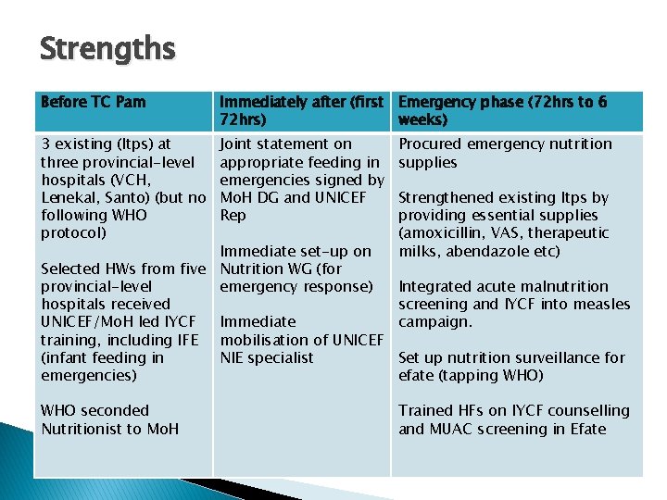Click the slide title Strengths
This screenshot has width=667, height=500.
click(107, 47)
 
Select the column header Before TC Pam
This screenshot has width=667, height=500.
click(94, 102)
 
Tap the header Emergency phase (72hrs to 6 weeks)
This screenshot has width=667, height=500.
click(503, 111)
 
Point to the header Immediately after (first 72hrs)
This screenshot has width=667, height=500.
click(301, 111)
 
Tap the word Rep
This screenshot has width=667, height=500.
click(233, 215)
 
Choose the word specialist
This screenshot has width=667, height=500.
click(282, 357)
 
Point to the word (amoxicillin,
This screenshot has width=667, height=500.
click(442, 232)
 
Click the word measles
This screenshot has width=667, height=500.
click(601, 304)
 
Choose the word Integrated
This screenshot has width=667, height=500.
click(435, 286)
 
